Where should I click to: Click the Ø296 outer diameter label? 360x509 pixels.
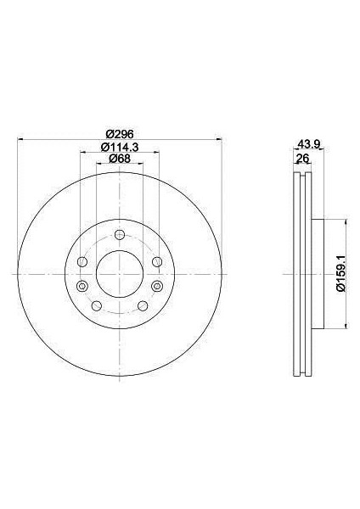point(121,133)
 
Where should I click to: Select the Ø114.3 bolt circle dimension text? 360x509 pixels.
point(120,147)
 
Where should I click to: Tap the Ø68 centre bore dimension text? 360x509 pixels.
point(120,159)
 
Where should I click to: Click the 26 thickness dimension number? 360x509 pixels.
point(302,159)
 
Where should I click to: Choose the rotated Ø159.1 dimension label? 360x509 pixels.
point(340,274)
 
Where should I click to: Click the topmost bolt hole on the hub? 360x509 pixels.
point(120,235)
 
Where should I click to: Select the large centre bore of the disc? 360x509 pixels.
point(120,274)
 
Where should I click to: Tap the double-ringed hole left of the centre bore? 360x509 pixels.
point(82,286)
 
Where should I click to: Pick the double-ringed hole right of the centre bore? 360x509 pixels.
point(157,286)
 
